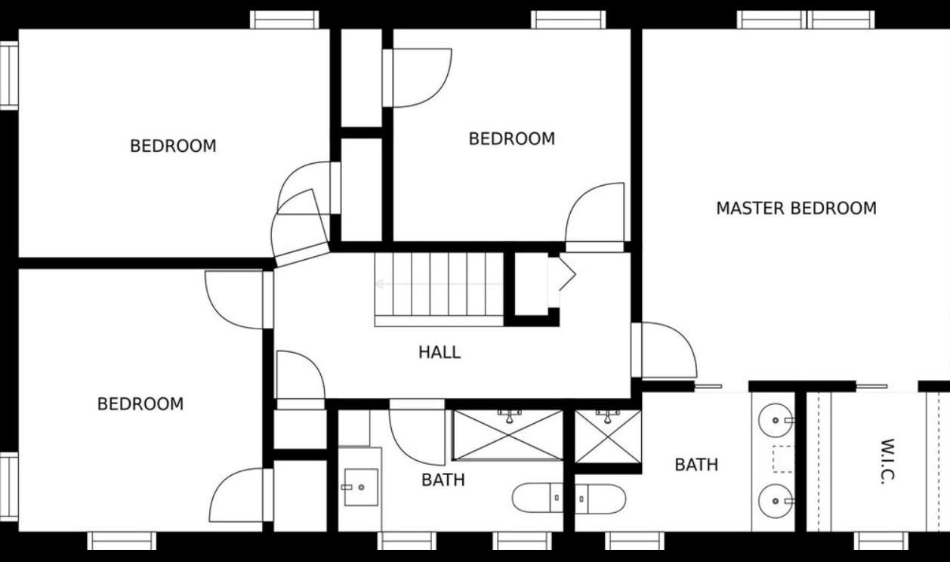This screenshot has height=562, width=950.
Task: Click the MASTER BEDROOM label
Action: point(796,208)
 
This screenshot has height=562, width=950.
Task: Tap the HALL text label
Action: point(440,353)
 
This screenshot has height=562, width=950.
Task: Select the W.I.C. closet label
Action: point(887,461)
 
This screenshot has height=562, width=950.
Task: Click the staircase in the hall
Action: point(439,290)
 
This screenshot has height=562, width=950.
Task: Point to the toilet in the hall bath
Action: point(538,498)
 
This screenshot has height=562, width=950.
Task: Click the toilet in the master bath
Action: point(600,499)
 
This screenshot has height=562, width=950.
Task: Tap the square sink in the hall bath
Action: point(361,487)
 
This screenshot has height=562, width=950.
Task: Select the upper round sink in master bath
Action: point(776,420)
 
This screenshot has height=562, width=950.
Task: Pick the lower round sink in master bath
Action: point(776,501)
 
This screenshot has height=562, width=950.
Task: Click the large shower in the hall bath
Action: point(507,435)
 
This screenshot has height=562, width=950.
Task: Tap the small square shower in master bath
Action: point(608,437)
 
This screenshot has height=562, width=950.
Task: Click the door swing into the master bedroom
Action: point(669,350)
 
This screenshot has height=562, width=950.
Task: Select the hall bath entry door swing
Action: point(417,437)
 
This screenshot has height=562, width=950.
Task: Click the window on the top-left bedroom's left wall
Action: point(9,76)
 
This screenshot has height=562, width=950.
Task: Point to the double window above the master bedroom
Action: point(806,20)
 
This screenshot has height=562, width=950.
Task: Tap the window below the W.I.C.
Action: point(881,541)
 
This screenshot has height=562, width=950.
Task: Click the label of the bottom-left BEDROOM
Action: point(140,404)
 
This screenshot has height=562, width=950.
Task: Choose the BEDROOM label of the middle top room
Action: point(512,139)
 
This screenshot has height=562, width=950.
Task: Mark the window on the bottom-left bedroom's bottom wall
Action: point(122,541)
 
